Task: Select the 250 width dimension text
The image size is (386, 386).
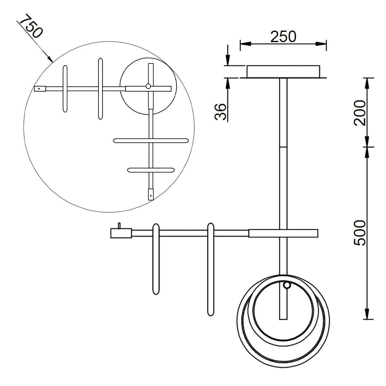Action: pyautogui.click(x=283, y=37)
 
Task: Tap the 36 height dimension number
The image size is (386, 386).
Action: pyautogui.click(x=220, y=112)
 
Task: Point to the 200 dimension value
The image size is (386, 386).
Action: pyautogui.click(x=360, y=113)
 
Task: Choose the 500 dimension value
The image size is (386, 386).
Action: pyautogui.click(x=360, y=233)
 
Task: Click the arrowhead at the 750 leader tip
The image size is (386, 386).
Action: pyautogui.click(x=50, y=58)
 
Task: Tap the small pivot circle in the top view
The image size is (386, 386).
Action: pyautogui.click(x=148, y=86)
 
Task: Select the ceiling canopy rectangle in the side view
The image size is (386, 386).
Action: pyautogui.click(x=283, y=71)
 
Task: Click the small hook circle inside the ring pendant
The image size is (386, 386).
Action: pyautogui.click(x=287, y=285)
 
